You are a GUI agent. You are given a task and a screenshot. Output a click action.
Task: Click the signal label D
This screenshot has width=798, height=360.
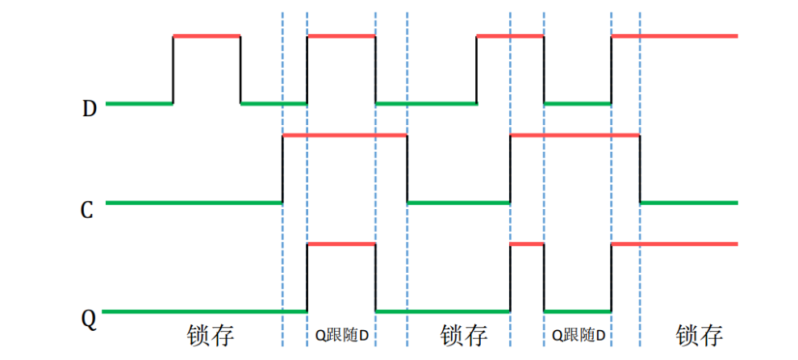[90, 108]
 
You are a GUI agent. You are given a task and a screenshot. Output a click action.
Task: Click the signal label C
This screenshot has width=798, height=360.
[89, 211]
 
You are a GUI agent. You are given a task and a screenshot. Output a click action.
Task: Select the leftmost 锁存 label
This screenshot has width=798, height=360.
[211, 335]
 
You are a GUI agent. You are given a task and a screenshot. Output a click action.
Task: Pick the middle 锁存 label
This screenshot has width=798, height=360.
[465, 335]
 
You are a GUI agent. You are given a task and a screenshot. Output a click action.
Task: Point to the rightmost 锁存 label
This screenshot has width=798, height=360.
[700, 335]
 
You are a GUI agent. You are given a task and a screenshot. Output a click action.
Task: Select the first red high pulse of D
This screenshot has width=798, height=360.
[207, 36]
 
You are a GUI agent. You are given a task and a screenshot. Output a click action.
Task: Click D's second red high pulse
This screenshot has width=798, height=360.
[341, 36]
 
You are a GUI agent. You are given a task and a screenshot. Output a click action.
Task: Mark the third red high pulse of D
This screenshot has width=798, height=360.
[510, 36]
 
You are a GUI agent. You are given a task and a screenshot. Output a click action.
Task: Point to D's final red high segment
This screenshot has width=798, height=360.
[675, 36]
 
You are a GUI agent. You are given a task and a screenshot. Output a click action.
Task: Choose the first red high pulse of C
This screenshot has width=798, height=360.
[345, 135]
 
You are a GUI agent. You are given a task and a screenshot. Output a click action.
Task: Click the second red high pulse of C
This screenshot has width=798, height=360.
[575, 135]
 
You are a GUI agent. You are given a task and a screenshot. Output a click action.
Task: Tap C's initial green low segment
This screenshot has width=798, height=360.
[194, 203]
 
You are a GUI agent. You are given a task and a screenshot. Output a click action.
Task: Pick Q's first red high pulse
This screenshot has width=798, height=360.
[341, 244]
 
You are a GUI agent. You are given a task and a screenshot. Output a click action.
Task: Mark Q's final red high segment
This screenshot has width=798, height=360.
[675, 244]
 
